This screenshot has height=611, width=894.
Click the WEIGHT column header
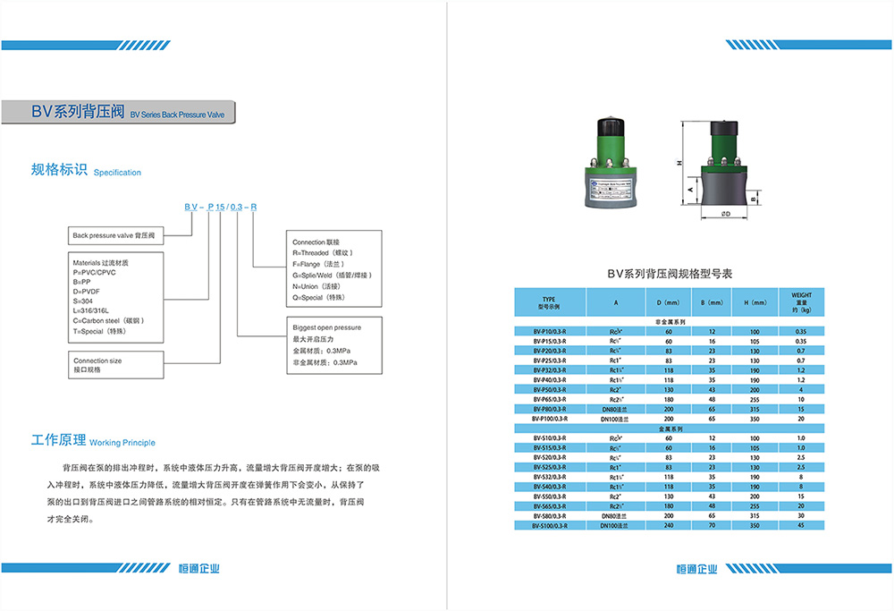(x=800, y=301)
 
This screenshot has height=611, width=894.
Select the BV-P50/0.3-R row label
(x=550, y=391)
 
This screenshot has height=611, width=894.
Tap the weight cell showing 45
(x=800, y=525)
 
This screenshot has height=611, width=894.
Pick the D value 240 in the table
(x=668, y=525)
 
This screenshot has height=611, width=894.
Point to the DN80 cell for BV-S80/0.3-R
(x=616, y=516)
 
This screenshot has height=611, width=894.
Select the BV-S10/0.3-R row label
(x=550, y=438)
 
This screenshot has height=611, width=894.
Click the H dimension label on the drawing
(x=678, y=163)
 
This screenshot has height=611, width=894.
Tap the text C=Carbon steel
(x=107, y=319)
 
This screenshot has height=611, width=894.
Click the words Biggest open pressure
(x=327, y=327)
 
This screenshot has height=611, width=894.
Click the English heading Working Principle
(x=122, y=443)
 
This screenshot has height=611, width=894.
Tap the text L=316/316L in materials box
(x=93, y=310)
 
